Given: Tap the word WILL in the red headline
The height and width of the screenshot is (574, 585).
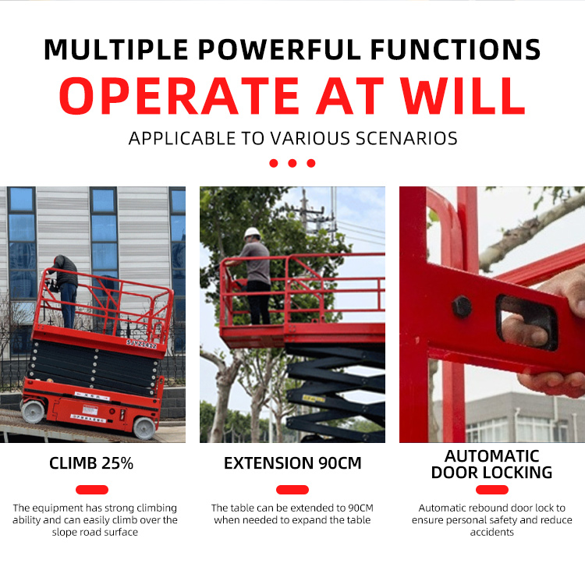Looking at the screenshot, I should point(466,96).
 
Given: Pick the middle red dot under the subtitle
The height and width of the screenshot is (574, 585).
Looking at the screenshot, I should point(292,163).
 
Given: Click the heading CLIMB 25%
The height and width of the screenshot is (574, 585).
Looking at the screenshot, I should point(91,463).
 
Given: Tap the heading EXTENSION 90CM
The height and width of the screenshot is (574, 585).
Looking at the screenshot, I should point(292,463).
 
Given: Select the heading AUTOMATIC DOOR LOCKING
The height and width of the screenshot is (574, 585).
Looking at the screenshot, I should point(492,464).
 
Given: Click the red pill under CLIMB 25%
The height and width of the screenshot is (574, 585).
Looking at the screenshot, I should point(92,490).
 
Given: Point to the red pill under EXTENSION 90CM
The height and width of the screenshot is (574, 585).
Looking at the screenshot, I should point(292,490).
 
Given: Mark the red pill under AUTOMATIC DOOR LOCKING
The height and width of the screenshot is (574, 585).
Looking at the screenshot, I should point(492,490).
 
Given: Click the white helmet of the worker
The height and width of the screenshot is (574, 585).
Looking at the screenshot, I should point(251,232).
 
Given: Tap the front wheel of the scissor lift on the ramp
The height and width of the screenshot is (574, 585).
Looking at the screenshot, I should point(144,427).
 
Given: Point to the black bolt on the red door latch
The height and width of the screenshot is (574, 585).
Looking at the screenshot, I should point(462,306).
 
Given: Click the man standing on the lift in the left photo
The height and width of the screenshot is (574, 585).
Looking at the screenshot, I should point(66,289).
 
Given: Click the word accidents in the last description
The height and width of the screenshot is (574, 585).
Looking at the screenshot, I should point(491,532).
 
